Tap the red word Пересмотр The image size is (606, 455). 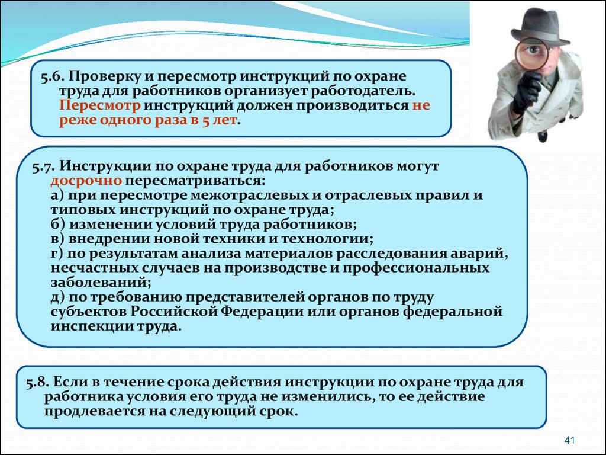(100, 105)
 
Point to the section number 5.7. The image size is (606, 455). (44, 166)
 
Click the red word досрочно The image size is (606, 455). (86, 181)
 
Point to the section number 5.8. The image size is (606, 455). (37, 383)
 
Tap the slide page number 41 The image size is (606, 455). (570, 440)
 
